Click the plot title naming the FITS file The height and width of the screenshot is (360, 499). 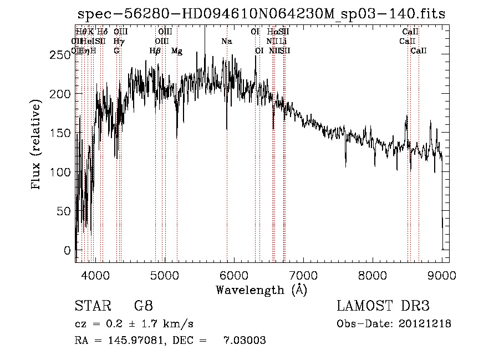coord(261,14)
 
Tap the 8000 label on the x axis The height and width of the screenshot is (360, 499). coord(373,274)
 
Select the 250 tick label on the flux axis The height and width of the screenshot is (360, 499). coord(61,54)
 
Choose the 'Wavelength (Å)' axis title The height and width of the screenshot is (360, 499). coord(261,289)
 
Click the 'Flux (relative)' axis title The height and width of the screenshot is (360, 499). coord(37,145)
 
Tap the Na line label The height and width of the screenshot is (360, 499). coord(226,41)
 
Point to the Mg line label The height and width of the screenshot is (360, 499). coord(177,51)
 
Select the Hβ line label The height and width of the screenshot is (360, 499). coord(155,51)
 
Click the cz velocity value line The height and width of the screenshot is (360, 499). coord(134,324)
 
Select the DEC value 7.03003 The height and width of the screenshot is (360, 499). coord(244,341)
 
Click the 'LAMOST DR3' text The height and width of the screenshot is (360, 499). coord(383,306)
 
